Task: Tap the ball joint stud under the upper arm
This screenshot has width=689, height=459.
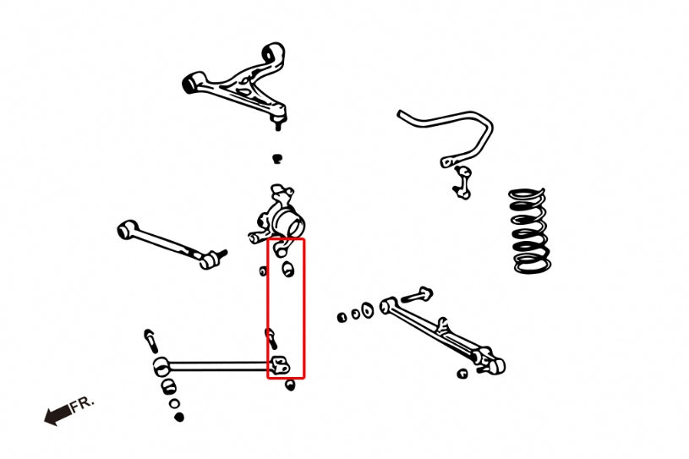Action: [x=277, y=123]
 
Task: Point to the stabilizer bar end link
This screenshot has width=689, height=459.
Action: [x=462, y=181]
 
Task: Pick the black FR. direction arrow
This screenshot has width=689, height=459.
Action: [x=57, y=415]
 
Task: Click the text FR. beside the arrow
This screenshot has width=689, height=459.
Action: [x=84, y=404]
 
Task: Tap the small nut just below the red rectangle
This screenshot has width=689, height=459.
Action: [x=291, y=385]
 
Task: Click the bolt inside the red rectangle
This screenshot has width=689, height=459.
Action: [x=273, y=339]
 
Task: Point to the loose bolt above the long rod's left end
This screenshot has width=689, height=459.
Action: [x=150, y=340]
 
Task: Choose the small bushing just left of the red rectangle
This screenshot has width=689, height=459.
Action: [x=263, y=270]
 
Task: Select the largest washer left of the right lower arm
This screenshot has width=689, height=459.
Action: [x=368, y=310]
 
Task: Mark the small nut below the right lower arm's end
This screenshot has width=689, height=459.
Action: [x=462, y=373]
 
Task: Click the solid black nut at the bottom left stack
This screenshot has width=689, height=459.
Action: [x=179, y=417]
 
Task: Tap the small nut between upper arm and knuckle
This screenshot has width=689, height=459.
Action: [x=276, y=157]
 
